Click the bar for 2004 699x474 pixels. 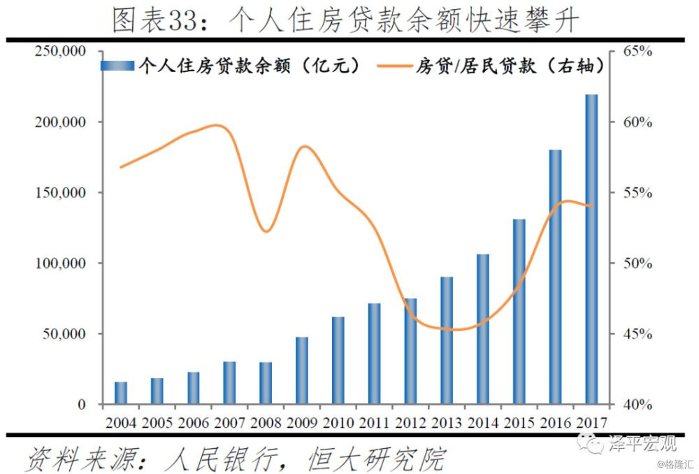[x=121, y=393]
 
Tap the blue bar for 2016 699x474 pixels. [x=555, y=277]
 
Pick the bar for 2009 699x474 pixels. [x=302, y=371]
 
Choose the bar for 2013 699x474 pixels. [x=447, y=340]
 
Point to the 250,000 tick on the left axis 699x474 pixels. [x=61, y=52]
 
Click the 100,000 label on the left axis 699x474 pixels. [x=61, y=264]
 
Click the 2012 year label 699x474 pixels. [x=410, y=422]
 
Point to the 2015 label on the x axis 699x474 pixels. [x=519, y=422]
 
